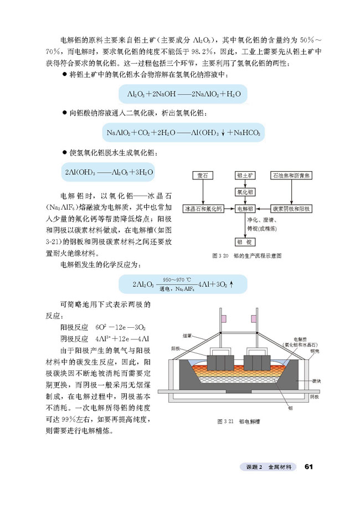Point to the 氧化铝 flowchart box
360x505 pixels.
(245, 192)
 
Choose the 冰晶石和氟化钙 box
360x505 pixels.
(203, 209)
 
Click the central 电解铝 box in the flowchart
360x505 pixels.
(245, 209)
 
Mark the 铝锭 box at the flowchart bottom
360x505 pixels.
(245, 242)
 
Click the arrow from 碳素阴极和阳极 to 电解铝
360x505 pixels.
(263, 209)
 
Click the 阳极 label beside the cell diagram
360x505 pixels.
(176, 348)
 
